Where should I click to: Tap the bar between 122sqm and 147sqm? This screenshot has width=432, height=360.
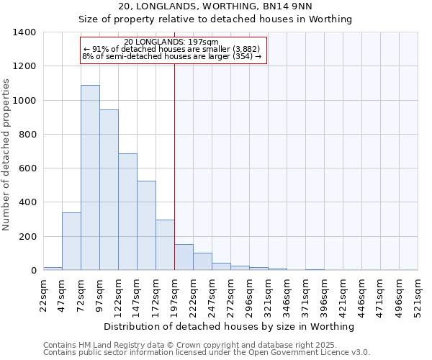point(127,212)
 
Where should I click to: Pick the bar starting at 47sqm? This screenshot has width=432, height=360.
point(71,241)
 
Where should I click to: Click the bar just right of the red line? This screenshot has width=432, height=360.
point(184,258)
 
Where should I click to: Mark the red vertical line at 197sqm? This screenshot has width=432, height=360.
point(174,166)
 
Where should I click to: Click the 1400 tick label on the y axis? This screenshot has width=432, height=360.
point(24,32)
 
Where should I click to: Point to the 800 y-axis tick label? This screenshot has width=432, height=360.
point(27,135)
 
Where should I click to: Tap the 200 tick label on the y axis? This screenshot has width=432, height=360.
point(27,237)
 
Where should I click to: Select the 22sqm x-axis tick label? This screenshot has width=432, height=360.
point(44,294)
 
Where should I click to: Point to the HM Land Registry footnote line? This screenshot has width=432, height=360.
point(194,345)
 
